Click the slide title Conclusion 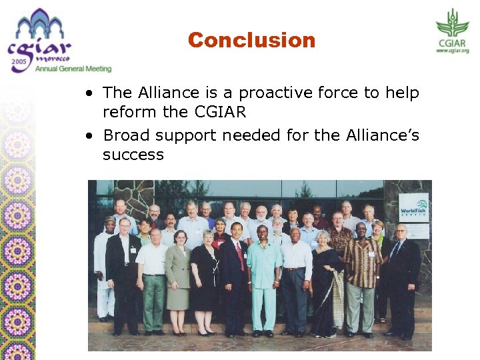pyautogui.click(x=251, y=40)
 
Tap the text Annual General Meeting pyautogui.click(x=73, y=69)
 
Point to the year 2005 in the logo pyautogui.click(x=20, y=64)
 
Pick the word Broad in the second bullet pyautogui.click(x=127, y=135)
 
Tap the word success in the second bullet pyautogui.click(x=133, y=155)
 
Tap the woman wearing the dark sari pyautogui.click(x=327, y=280)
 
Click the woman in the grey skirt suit pyautogui.click(x=177, y=273)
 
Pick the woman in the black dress pyautogui.click(x=205, y=277)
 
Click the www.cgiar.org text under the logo pyautogui.click(x=453, y=51)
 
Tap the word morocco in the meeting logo pyautogui.click(x=61, y=58)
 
